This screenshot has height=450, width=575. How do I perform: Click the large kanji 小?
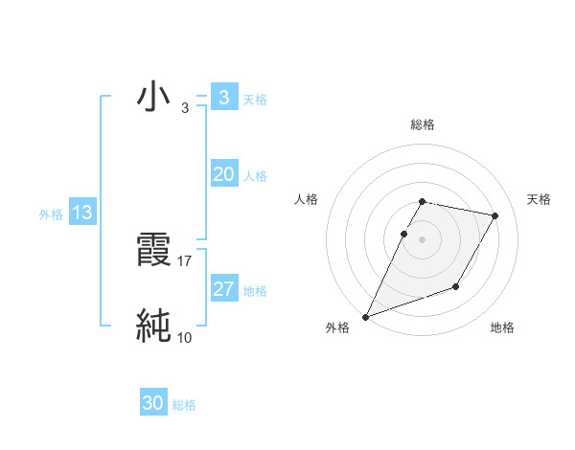[153, 97]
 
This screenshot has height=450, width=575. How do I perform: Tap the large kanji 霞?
[153, 250]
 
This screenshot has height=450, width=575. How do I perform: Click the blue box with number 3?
[223, 97]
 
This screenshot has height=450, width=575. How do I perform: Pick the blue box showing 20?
[223, 174]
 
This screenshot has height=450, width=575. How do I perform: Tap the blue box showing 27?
[223, 289]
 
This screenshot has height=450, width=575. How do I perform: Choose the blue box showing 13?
[81, 213]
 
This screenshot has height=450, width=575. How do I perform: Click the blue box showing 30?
[153, 403]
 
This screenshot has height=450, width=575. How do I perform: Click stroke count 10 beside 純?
[185, 337]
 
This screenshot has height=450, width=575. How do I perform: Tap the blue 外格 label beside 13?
[51, 214]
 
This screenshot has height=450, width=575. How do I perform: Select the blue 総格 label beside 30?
[184, 405]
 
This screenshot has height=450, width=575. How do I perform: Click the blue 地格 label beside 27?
[255, 291]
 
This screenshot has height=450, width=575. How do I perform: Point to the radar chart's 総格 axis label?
[423, 124]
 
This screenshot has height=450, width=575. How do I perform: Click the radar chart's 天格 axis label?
[540, 199]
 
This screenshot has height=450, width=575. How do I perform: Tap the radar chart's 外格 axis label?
[337, 328]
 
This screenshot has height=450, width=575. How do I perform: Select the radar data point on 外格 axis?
[366, 316]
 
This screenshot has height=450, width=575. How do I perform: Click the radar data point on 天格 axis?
[495, 216]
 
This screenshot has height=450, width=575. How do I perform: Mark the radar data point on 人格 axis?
[403, 234]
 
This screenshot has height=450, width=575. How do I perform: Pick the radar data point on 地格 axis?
[456, 286]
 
